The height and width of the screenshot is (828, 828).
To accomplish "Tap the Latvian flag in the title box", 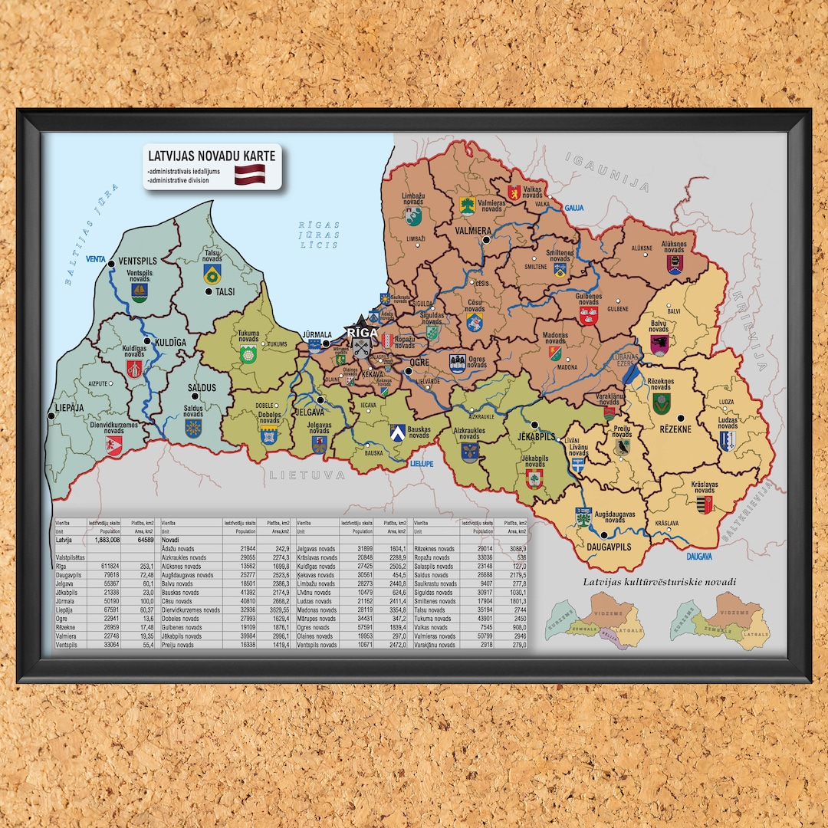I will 249,175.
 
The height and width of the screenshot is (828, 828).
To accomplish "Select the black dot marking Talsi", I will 209,291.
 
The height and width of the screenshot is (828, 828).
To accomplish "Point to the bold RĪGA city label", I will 362,333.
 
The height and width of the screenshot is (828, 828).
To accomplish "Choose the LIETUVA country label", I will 307,475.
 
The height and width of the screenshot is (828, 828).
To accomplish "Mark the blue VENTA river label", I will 96,259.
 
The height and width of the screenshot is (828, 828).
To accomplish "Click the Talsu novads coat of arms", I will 212,273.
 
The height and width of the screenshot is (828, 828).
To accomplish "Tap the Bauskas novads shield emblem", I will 398,433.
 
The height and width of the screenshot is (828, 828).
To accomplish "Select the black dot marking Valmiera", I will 487,240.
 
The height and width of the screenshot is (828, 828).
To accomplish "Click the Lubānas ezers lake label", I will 626,360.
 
